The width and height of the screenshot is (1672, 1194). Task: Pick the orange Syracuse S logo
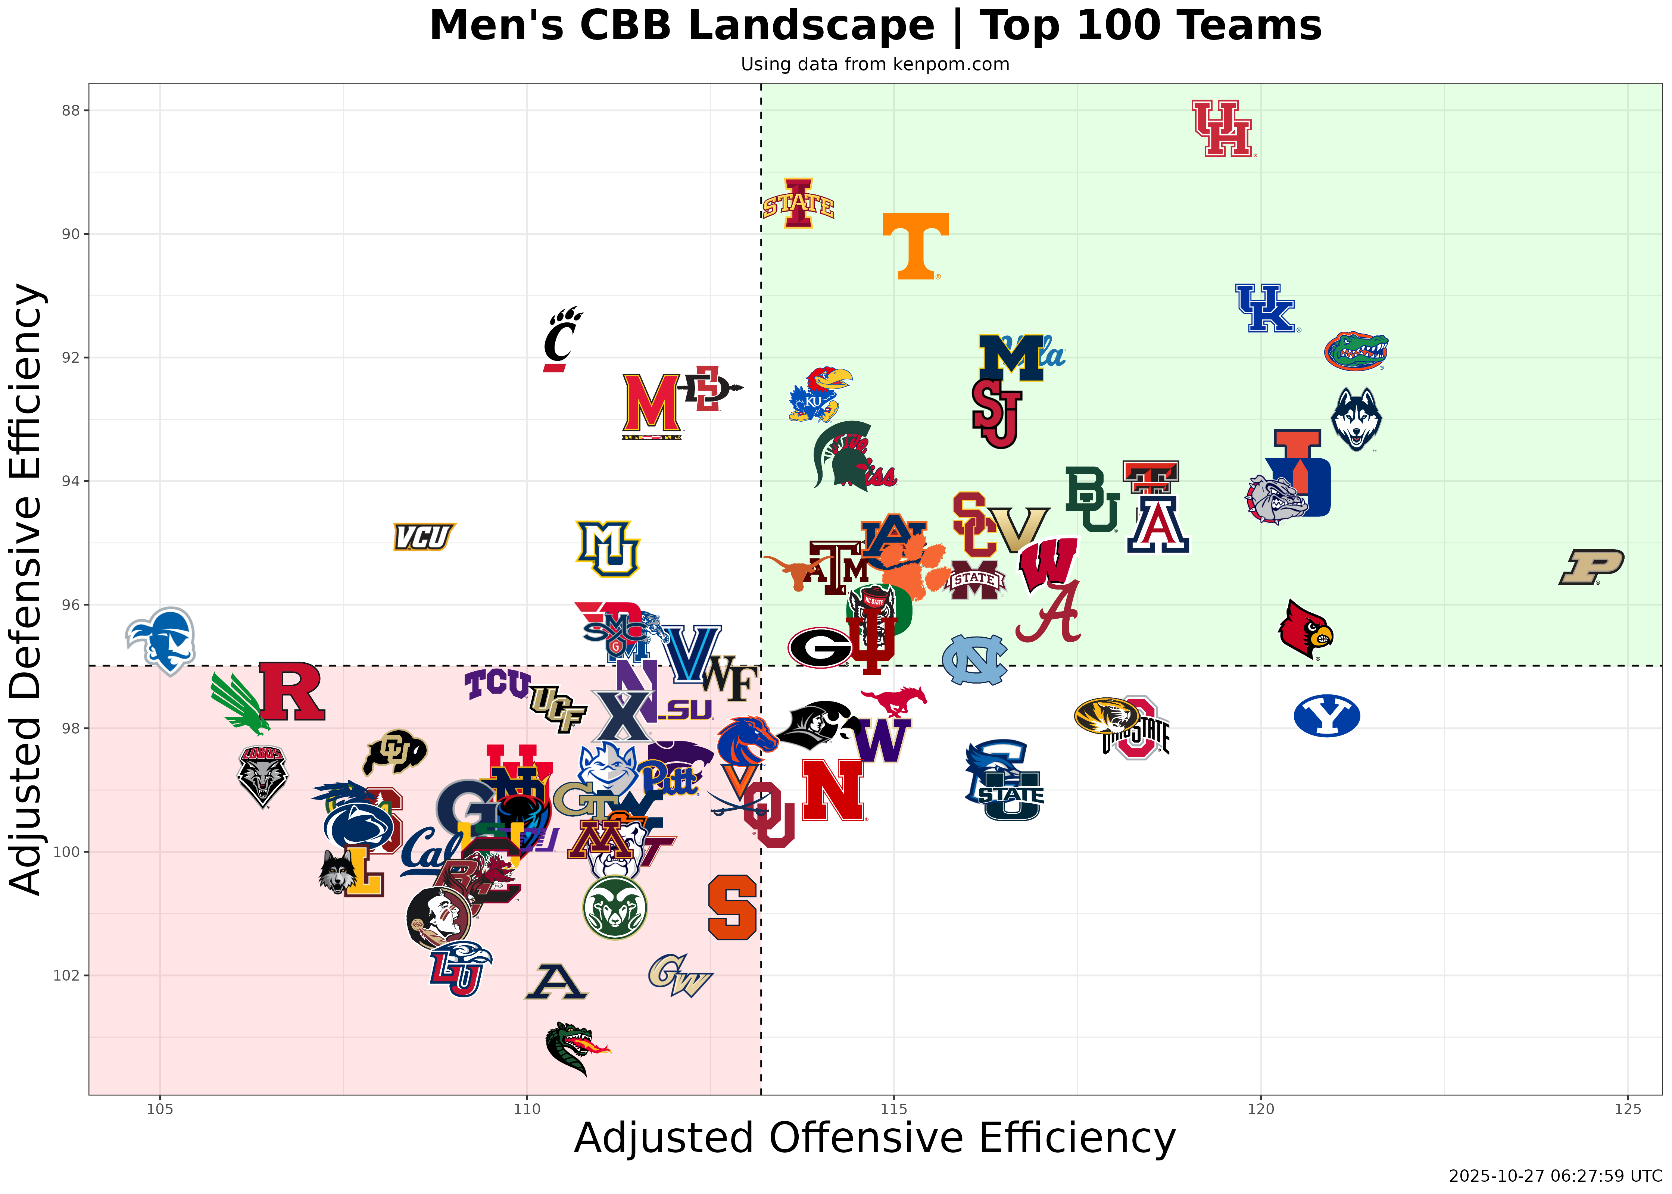[732, 907]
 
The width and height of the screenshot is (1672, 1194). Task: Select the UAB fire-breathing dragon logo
[576, 1048]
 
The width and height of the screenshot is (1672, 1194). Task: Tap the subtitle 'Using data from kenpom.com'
[875, 65]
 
